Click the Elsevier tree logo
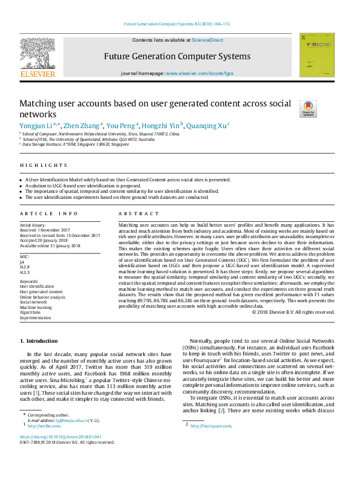point(38,52)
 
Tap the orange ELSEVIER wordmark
point(38,74)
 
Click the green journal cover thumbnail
point(316,55)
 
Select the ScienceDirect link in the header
point(208,40)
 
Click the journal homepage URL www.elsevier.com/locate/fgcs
point(199,73)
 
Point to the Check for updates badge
point(308,109)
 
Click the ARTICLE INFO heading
point(49,214)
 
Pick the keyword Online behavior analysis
point(43,297)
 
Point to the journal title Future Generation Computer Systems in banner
point(177,56)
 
